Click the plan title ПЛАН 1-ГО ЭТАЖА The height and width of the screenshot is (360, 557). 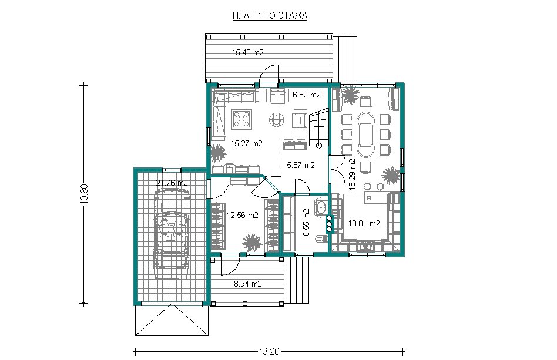(x=270, y=16)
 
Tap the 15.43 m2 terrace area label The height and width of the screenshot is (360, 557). (x=248, y=52)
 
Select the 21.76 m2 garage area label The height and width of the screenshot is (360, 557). (x=172, y=183)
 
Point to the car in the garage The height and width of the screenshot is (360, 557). (x=171, y=234)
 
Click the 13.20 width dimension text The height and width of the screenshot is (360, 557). (x=269, y=352)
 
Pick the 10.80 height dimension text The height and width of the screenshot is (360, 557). (x=84, y=194)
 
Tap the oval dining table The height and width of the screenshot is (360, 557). (x=367, y=134)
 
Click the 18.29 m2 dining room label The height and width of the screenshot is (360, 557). (x=352, y=174)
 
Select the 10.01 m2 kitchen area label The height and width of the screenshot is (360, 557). (x=364, y=223)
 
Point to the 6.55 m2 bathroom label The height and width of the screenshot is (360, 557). (x=307, y=223)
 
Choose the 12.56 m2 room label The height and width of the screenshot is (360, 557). (x=243, y=215)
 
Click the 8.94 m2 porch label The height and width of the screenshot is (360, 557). (x=248, y=284)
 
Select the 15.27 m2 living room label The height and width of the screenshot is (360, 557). (x=247, y=143)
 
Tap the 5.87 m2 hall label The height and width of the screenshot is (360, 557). (x=300, y=165)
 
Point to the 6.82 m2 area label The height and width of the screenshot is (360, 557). (x=307, y=95)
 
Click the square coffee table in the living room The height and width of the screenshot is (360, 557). (x=241, y=119)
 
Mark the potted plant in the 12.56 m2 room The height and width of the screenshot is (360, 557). (x=252, y=243)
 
